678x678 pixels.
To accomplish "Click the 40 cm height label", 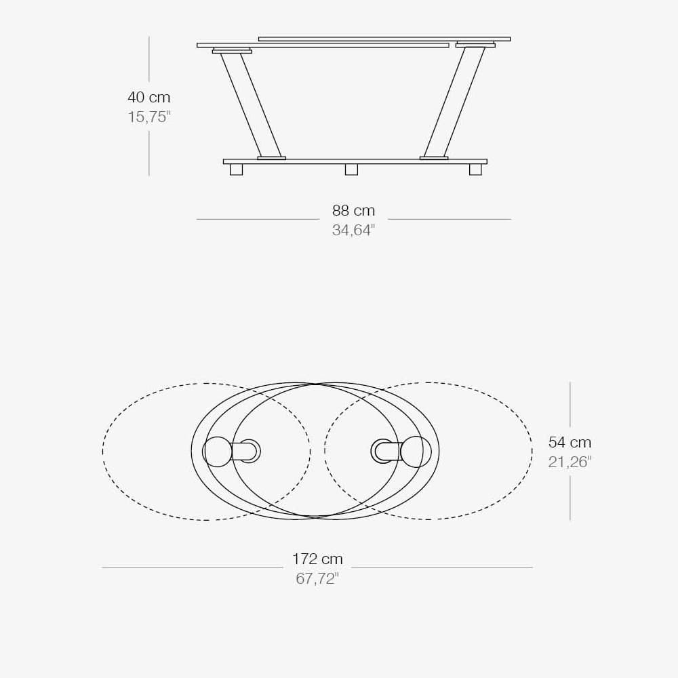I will coord(148,98).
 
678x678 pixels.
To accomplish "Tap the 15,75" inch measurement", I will coord(148,117).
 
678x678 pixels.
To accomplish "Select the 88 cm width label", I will coord(353,211).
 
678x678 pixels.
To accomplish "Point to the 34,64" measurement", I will coord(353,231).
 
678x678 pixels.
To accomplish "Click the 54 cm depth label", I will coord(570,443).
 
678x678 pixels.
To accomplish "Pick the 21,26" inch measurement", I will coord(570,462).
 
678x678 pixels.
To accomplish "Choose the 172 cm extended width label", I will coord(317,559).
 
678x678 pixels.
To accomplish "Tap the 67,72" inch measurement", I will coord(317,579).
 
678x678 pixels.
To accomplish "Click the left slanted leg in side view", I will coord(251,105).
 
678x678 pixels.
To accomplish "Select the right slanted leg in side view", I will coord(454,105).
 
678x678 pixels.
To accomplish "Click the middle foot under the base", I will coord(351,169).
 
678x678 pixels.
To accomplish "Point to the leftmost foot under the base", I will coord(236,169).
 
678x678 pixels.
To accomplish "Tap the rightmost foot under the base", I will coord(475,169).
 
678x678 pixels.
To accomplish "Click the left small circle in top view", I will coord(218,452).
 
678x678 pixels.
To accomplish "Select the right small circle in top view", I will coord(416,452).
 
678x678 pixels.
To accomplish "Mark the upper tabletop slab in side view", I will coord(384,39).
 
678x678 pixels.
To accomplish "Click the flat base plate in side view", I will coord(355,161).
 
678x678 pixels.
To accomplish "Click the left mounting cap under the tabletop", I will coord(232,51).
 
